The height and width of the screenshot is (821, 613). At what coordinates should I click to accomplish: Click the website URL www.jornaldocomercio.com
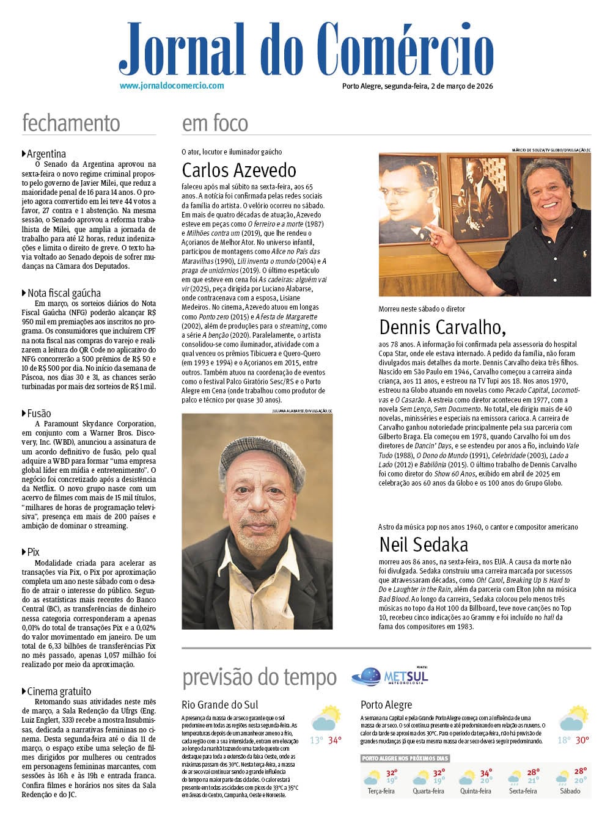(172, 86)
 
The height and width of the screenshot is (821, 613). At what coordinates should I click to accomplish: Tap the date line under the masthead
(417, 86)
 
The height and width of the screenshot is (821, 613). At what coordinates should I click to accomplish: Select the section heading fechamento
(71, 123)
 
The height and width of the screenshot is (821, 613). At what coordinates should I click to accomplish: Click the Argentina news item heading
(46, 154)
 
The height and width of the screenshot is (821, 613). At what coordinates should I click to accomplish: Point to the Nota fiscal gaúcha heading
(64, 293)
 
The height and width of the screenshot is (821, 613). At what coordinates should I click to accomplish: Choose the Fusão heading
(39, 414)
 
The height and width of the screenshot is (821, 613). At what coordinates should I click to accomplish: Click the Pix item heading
(33, 552)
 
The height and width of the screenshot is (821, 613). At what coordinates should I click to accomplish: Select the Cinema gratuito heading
(59, 691)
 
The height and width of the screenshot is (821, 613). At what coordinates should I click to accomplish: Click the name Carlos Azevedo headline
(239, 170)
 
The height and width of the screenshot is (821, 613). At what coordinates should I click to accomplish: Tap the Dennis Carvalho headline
(442, 327)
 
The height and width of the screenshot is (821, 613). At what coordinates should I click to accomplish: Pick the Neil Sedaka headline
(424, 544)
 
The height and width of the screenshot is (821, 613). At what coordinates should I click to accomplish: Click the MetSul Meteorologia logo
(390, 676)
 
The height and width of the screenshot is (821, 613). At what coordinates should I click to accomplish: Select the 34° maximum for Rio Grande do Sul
(335, 740)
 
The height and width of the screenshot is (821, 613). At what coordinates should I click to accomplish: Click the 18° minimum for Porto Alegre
(563, 740)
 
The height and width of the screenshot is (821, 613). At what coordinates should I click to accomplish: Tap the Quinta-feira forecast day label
(475, 791)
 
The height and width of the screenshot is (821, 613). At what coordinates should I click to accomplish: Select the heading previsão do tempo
(259, 677)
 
